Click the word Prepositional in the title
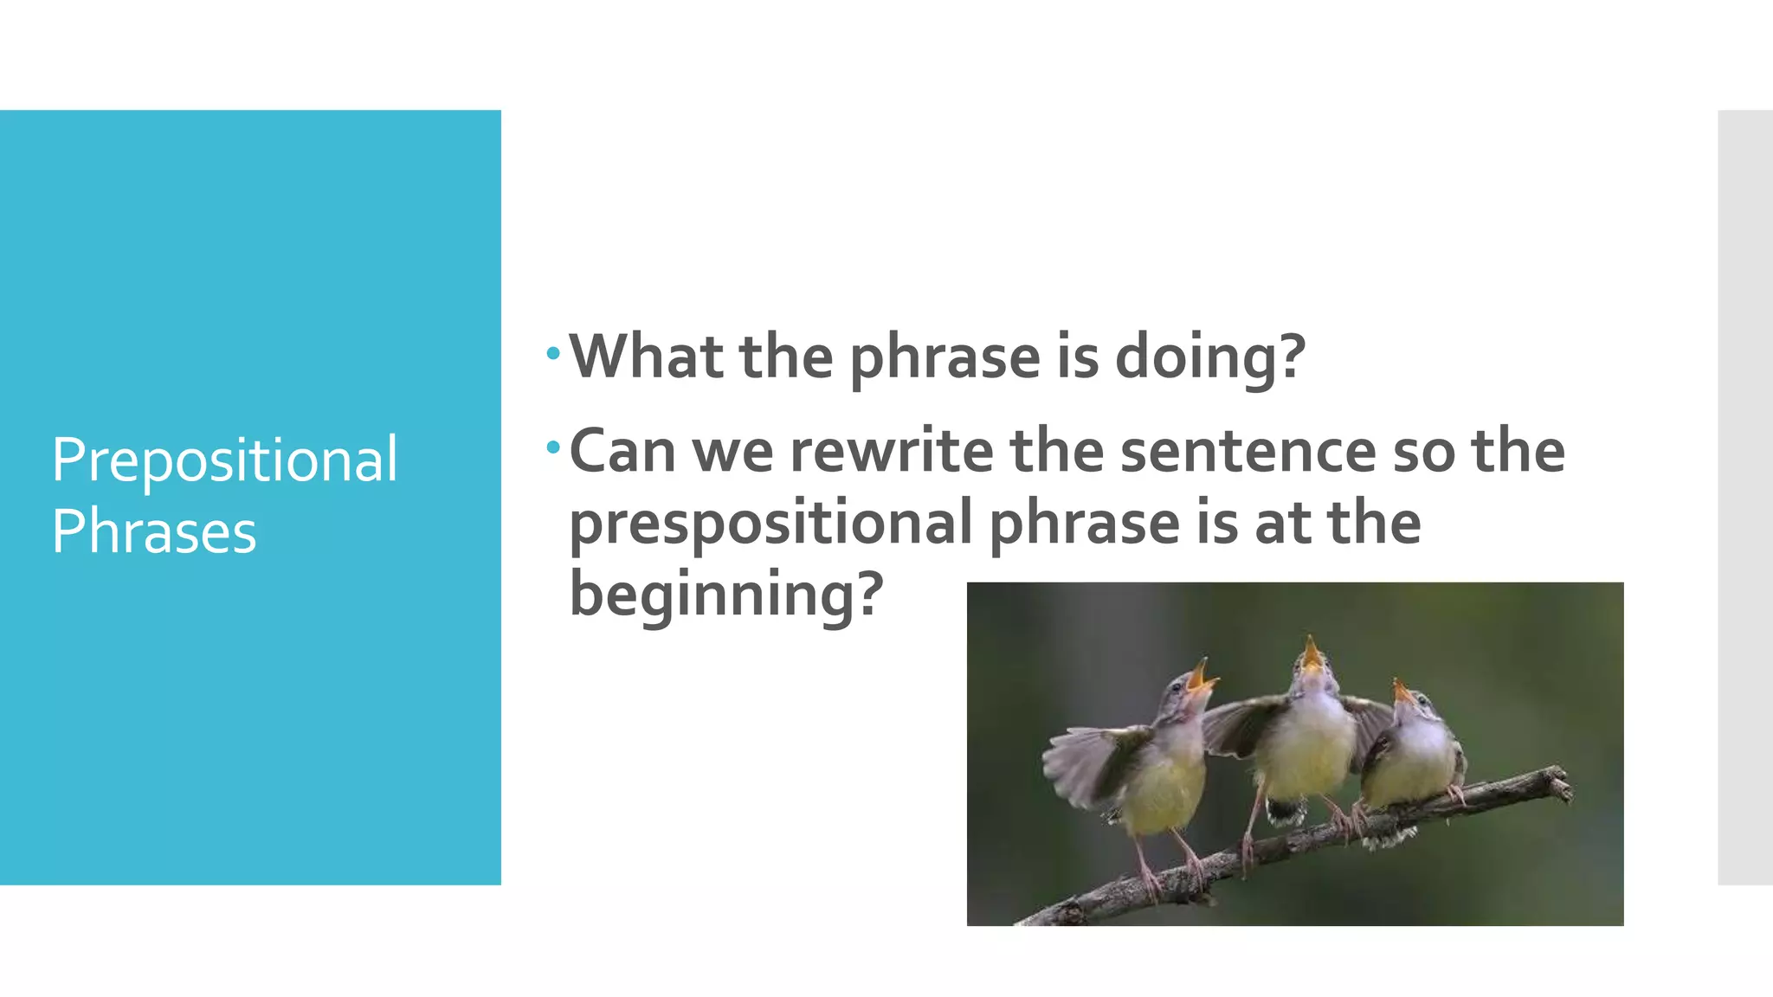pos(224,460)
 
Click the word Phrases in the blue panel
pos(154,531)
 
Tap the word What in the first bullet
pos(646,356)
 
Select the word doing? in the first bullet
pos(1209,357)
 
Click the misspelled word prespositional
pos(770,524)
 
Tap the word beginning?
pos(725,595)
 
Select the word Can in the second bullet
pos(622,451)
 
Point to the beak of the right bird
pos(1402,691)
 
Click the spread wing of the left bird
pos(1086,762)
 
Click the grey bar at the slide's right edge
pos(1744,498)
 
